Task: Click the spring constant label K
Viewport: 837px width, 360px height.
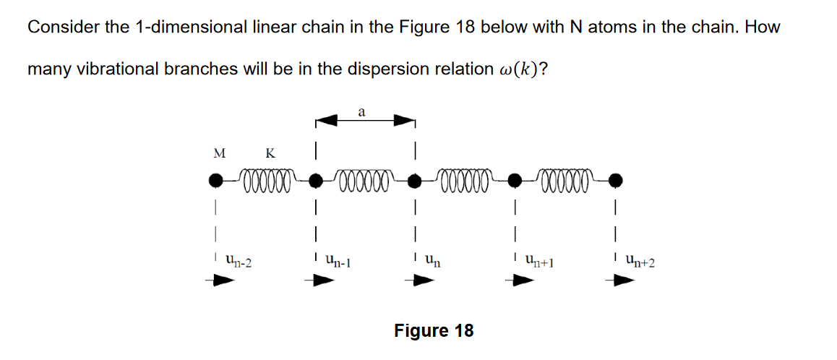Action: [x=270, y=153]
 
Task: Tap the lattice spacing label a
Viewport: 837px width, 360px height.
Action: [x=361, y=111]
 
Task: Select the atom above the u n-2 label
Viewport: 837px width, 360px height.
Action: [x=215, y=179]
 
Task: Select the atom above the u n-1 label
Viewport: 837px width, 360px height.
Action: [x=315, y=179]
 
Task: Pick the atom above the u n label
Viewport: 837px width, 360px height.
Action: [x=414, y=179]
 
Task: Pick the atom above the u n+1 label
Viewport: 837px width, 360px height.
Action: [x=515, y=179]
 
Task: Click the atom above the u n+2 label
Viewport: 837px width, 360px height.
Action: [x=614, y=179]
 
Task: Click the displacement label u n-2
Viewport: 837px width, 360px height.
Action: [x=239, y=259]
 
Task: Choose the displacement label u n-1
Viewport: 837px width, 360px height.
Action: [x=338, y=259]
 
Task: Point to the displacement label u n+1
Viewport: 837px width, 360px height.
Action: [x=540, y=259]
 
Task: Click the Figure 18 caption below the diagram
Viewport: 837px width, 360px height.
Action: [x=434, y=330]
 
